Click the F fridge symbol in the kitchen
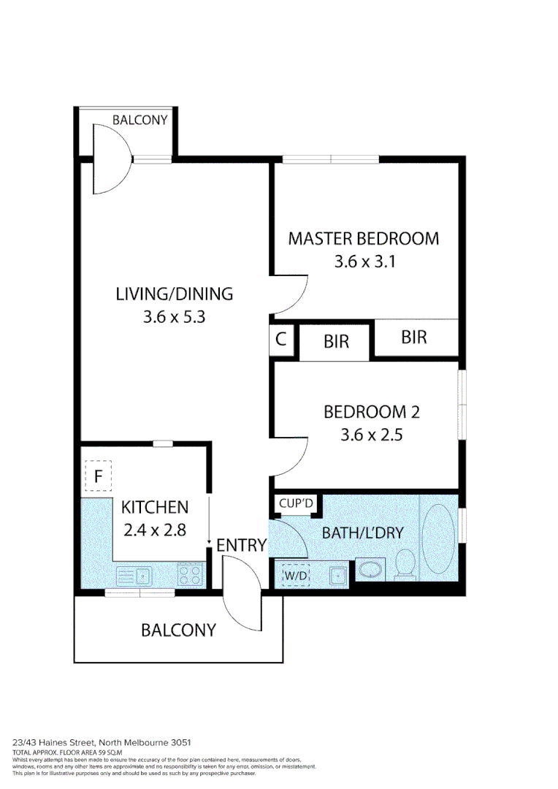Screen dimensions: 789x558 [97, 477]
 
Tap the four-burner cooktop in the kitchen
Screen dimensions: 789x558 [191, 575]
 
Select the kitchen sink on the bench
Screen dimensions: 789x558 [133, 576]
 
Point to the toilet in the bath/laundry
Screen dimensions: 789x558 [404, 564]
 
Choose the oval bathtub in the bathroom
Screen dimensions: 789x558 [437, 538]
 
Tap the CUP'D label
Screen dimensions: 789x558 [296, 503]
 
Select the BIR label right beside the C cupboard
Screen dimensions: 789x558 [336, 341]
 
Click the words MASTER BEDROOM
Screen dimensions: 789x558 [363, 239]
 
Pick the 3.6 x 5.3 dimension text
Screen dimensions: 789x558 [174, 318]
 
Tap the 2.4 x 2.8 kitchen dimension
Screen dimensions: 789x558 [154, 530]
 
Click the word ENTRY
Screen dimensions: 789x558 [241, 545]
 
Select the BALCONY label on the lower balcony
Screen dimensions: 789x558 [178, 630]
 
